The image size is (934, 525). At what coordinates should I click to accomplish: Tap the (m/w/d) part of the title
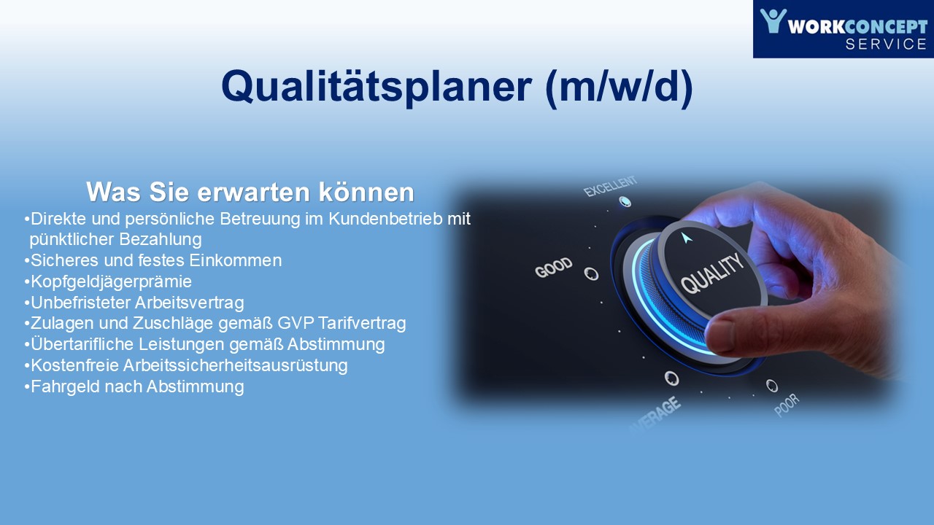(x=619, y=87)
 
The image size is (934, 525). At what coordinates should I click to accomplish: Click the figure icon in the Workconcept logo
(x=773, y=21)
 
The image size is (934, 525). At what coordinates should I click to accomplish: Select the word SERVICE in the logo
(x=886, y=44)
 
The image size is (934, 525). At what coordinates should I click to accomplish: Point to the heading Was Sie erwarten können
(x=250, y=192)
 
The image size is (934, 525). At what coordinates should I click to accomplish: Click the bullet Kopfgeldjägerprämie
(x=108, y=281)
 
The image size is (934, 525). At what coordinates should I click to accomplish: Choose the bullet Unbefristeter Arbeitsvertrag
(x=134, y=303)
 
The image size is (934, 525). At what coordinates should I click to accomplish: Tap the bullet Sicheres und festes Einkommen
(x=153, y=260)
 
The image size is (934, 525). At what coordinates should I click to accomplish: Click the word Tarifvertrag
(x=362, y=323)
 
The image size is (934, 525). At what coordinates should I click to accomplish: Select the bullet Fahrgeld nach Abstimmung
(x=134, y=386)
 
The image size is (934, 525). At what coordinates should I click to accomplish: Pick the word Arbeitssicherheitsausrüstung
(x=235, y=365)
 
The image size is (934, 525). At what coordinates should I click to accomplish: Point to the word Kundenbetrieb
(x=385, y=219)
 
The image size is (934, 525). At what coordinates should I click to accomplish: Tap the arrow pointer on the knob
(x=686, y=238)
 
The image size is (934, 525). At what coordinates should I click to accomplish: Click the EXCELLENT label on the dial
(x=611, y=186)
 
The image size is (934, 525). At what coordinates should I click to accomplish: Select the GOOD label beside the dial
(x=554, y=267)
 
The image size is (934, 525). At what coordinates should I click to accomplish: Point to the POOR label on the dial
(x=787, y=405)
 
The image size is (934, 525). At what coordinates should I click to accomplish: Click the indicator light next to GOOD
(x=591, y=273)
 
